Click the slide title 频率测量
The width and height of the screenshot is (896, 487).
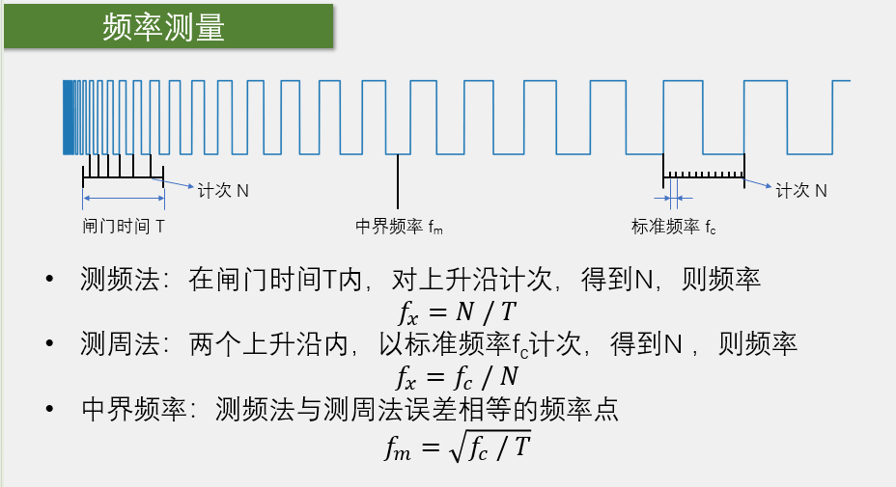tap(164, 28)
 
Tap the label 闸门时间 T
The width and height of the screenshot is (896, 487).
tap(124, 227)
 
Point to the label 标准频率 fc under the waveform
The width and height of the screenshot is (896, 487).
tap(674, 227)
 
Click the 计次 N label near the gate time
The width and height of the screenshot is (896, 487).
tap(223, 191)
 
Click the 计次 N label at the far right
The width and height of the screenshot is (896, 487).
tap(801, 191)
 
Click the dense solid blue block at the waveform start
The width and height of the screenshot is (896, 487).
tap(69, 117)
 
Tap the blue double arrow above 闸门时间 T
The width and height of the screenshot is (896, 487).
tap(124, 201)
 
